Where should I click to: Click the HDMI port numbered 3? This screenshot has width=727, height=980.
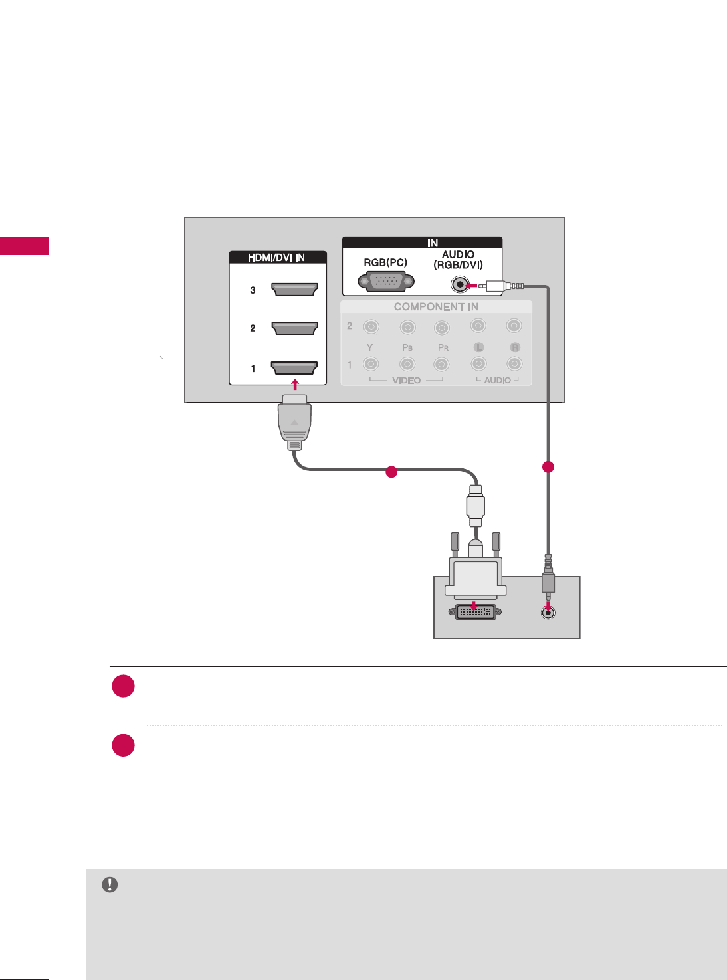(x=294, y=289)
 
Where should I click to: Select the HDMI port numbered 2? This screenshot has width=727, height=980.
(x=294, y=328)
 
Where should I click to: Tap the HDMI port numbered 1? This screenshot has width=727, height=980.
(x=294, y=368)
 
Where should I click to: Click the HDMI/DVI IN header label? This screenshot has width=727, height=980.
(x=276, y=258)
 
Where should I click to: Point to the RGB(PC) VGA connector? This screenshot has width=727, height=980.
(x=385, y=282)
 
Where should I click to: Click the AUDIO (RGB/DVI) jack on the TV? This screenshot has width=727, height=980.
(x=459, y=286)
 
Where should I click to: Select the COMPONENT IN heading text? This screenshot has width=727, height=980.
(x=436, y=307)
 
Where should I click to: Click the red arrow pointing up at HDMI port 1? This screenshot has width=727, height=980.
(x=295, y=385)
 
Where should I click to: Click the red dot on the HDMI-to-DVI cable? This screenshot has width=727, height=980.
(x=391, y=472)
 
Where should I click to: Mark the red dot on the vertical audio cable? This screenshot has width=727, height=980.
(x=548, y=466)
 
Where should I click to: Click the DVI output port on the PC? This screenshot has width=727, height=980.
(x=475, y=612)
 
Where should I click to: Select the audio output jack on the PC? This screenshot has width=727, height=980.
(x=548, y=613)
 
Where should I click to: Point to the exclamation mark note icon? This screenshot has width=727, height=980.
(x=110, y=885)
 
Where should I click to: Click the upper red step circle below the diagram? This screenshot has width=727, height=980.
(x=124, y=686)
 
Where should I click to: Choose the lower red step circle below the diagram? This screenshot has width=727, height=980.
(x=124, y=745)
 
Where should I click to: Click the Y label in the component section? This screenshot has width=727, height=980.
(x=370, y=347)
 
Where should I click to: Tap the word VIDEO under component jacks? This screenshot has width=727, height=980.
(x=406, y=381)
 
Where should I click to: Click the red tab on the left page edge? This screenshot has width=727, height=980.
(x=25, y=245)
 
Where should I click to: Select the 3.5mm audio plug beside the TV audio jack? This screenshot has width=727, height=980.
(x=502, y=286)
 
